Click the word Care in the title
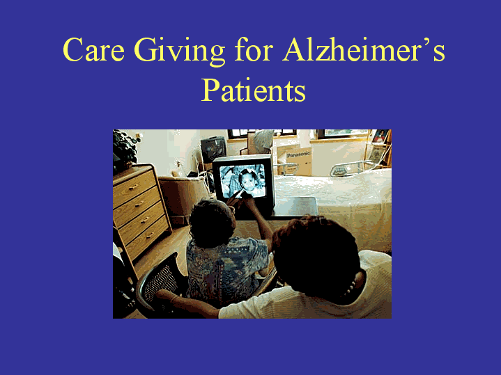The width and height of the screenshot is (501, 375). click(93, 49)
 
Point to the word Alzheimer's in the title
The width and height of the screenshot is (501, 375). click(364, 49)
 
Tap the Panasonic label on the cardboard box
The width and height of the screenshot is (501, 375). click(298, 154)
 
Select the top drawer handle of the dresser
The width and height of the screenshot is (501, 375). click(134, 187)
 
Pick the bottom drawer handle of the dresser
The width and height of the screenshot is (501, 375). click(150, 235)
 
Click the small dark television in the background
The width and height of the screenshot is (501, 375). click(213, 149)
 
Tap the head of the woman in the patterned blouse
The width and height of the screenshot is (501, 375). click(211, 223)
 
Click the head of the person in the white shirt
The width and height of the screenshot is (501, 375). click(316, 254)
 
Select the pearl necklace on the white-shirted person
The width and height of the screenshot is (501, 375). click(352, 285)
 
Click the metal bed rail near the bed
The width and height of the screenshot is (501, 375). click(350, 168)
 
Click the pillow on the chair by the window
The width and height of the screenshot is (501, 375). click(263, 141)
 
